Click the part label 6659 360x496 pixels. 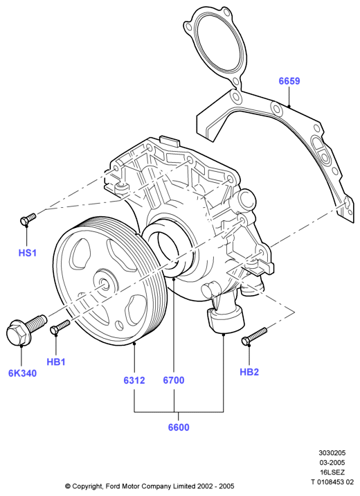(289, 81)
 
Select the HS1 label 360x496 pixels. (28, 253)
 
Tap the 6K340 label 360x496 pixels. (22, 373)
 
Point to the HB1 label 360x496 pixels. (56, 362)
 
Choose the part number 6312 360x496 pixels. (134, 380)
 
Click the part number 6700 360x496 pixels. (174, 380)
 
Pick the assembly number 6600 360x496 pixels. (179, 427)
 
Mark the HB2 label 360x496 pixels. (249, 372)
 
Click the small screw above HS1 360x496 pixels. (28, 219)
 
